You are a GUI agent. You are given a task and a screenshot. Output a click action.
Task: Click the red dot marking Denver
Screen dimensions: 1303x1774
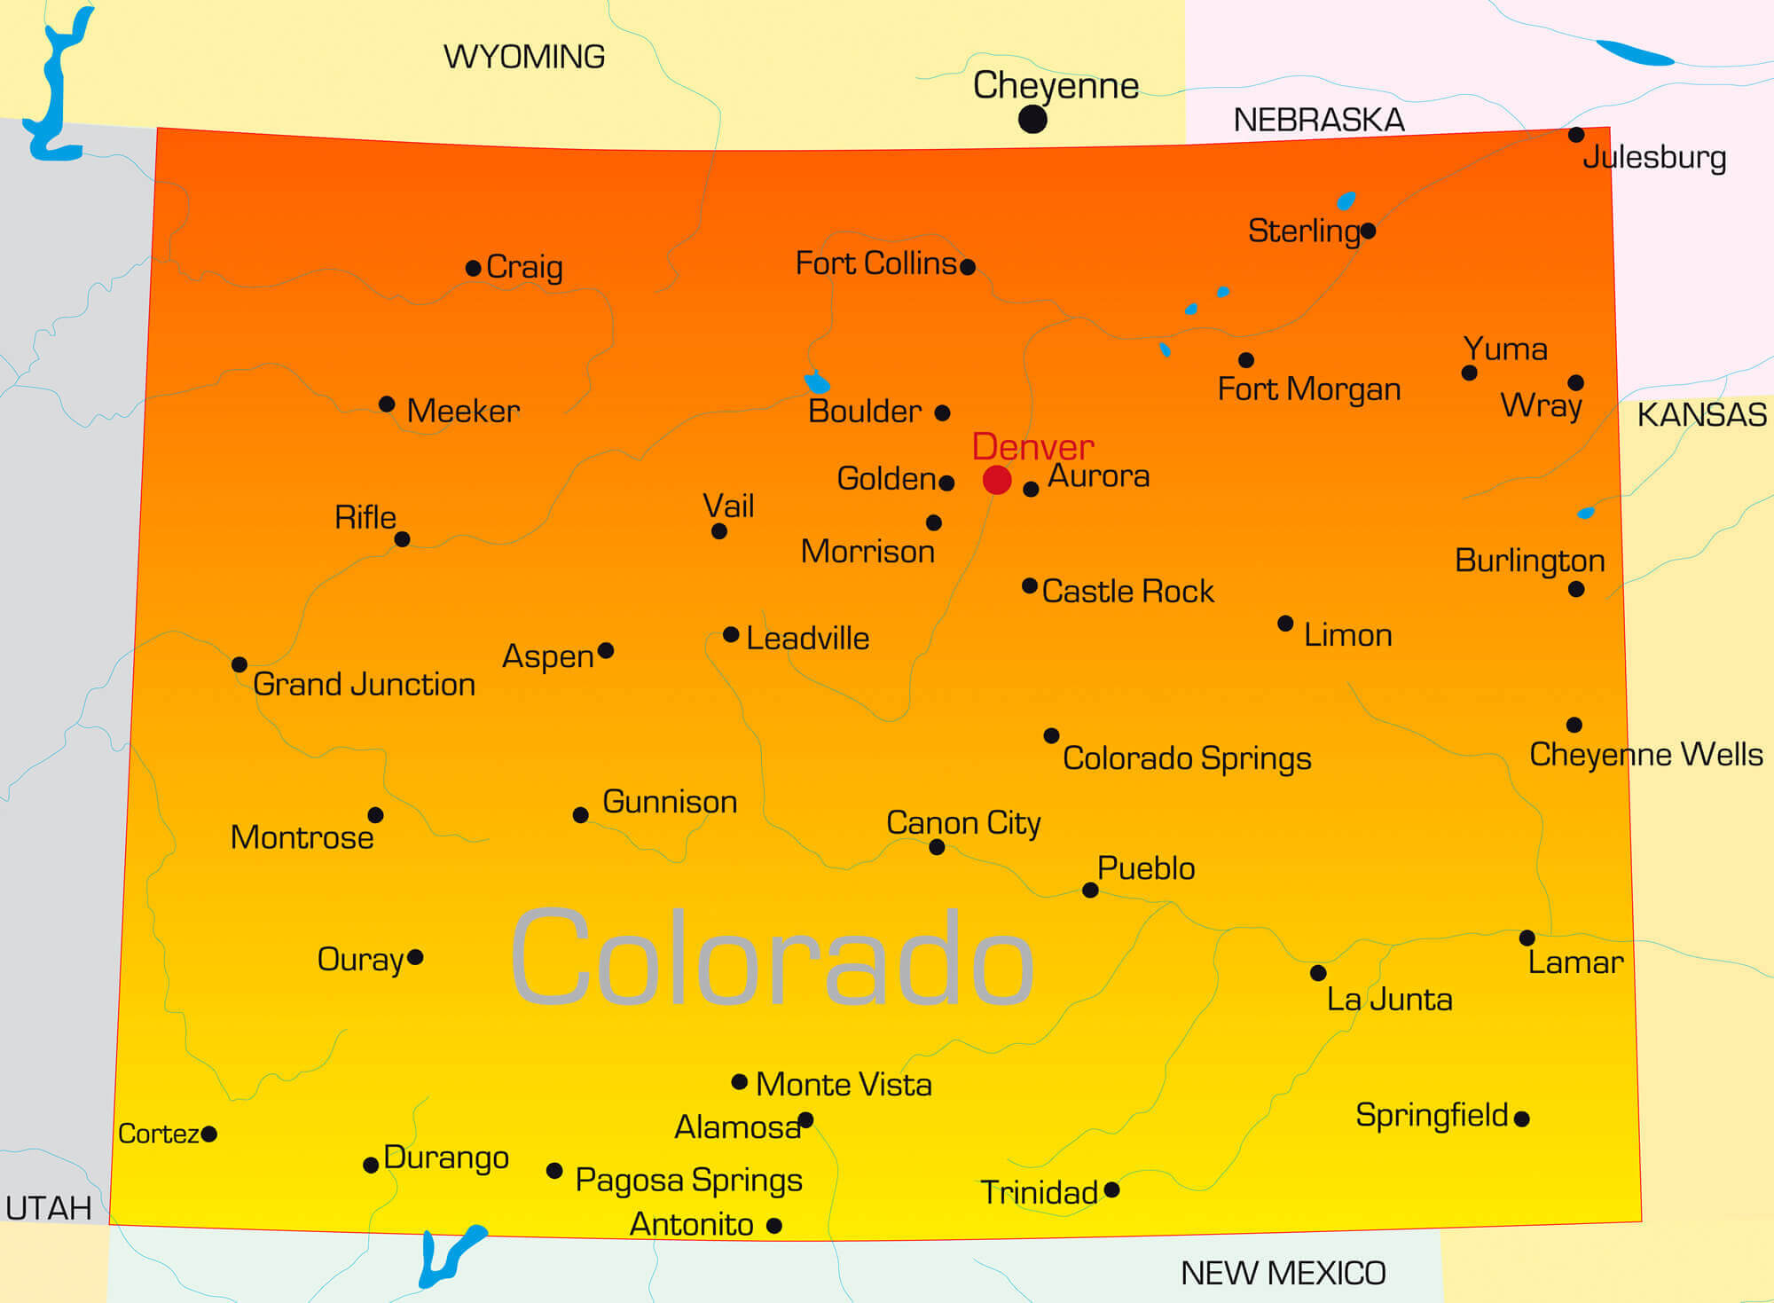coord(997,480)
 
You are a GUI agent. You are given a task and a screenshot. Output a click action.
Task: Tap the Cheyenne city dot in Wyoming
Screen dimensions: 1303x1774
coord(1032,119)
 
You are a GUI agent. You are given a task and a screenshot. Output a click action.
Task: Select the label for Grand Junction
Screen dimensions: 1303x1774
coord(364,685)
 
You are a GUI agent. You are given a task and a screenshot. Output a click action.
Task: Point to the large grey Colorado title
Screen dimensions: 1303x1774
coord(772,958)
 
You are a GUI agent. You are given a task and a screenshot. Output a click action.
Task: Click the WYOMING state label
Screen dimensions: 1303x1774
coord(524,58)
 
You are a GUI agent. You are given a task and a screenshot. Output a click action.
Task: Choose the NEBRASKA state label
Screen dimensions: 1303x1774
coord(1319,121)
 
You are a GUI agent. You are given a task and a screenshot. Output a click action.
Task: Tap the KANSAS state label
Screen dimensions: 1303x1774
coord(1701,415)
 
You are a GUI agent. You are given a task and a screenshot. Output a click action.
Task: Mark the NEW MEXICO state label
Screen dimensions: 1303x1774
coord(1283,1274)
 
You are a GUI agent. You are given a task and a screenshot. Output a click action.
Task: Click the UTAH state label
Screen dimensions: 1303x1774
coord(49,1208)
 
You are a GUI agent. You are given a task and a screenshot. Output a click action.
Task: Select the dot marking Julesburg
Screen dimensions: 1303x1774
coord(1576,135)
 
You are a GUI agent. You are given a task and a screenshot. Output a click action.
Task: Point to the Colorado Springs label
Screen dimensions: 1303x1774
coord(1187,758)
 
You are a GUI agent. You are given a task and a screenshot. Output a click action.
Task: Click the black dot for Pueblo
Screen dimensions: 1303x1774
coord(1090,891)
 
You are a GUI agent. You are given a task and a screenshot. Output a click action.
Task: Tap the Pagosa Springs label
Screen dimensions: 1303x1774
coord(688,1181)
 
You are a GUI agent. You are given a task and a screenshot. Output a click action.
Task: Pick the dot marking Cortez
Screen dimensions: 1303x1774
coord(209,1134)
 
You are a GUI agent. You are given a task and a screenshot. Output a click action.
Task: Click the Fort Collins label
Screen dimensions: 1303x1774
coord(876,263)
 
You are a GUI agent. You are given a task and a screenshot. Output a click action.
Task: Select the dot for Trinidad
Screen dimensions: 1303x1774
coord(1111,1189)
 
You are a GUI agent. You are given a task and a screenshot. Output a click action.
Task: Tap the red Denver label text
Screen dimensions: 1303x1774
coord(1032,446)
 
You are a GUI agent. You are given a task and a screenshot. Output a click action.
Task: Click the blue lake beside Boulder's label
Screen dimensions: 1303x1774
coord(817,383)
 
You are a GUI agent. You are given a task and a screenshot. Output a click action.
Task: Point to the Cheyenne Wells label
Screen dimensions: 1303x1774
coord(1646,755)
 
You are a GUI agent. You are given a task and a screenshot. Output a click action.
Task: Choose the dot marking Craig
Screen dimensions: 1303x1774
coord(474,268)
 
